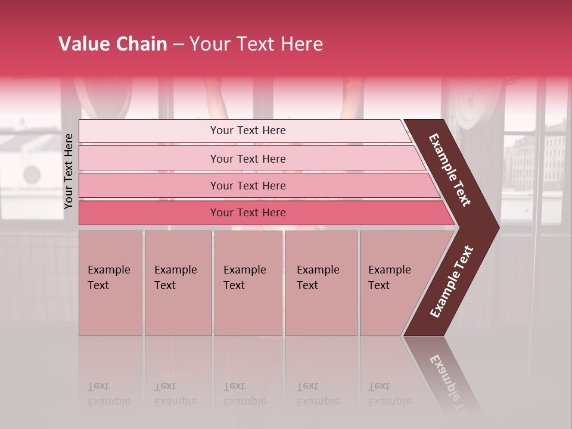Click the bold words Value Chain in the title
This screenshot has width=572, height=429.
(113, 44)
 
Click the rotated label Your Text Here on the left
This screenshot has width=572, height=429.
(69, 171)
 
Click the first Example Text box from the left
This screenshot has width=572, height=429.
(110, 283)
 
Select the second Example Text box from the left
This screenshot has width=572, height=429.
(178, 283)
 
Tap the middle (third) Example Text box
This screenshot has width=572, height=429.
(248, 283)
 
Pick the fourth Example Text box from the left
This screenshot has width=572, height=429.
(321, 283)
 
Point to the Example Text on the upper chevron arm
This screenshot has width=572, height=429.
(450, 170)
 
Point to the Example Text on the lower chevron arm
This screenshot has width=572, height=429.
(452, 282)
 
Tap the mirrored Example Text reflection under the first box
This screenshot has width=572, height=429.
(108, 394)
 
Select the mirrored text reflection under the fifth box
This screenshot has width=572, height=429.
(389, 394)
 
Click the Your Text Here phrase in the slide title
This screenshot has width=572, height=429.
(256, 44)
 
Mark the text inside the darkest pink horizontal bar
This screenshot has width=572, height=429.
(248, 213)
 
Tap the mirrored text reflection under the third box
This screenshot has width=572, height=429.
(244, 394)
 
